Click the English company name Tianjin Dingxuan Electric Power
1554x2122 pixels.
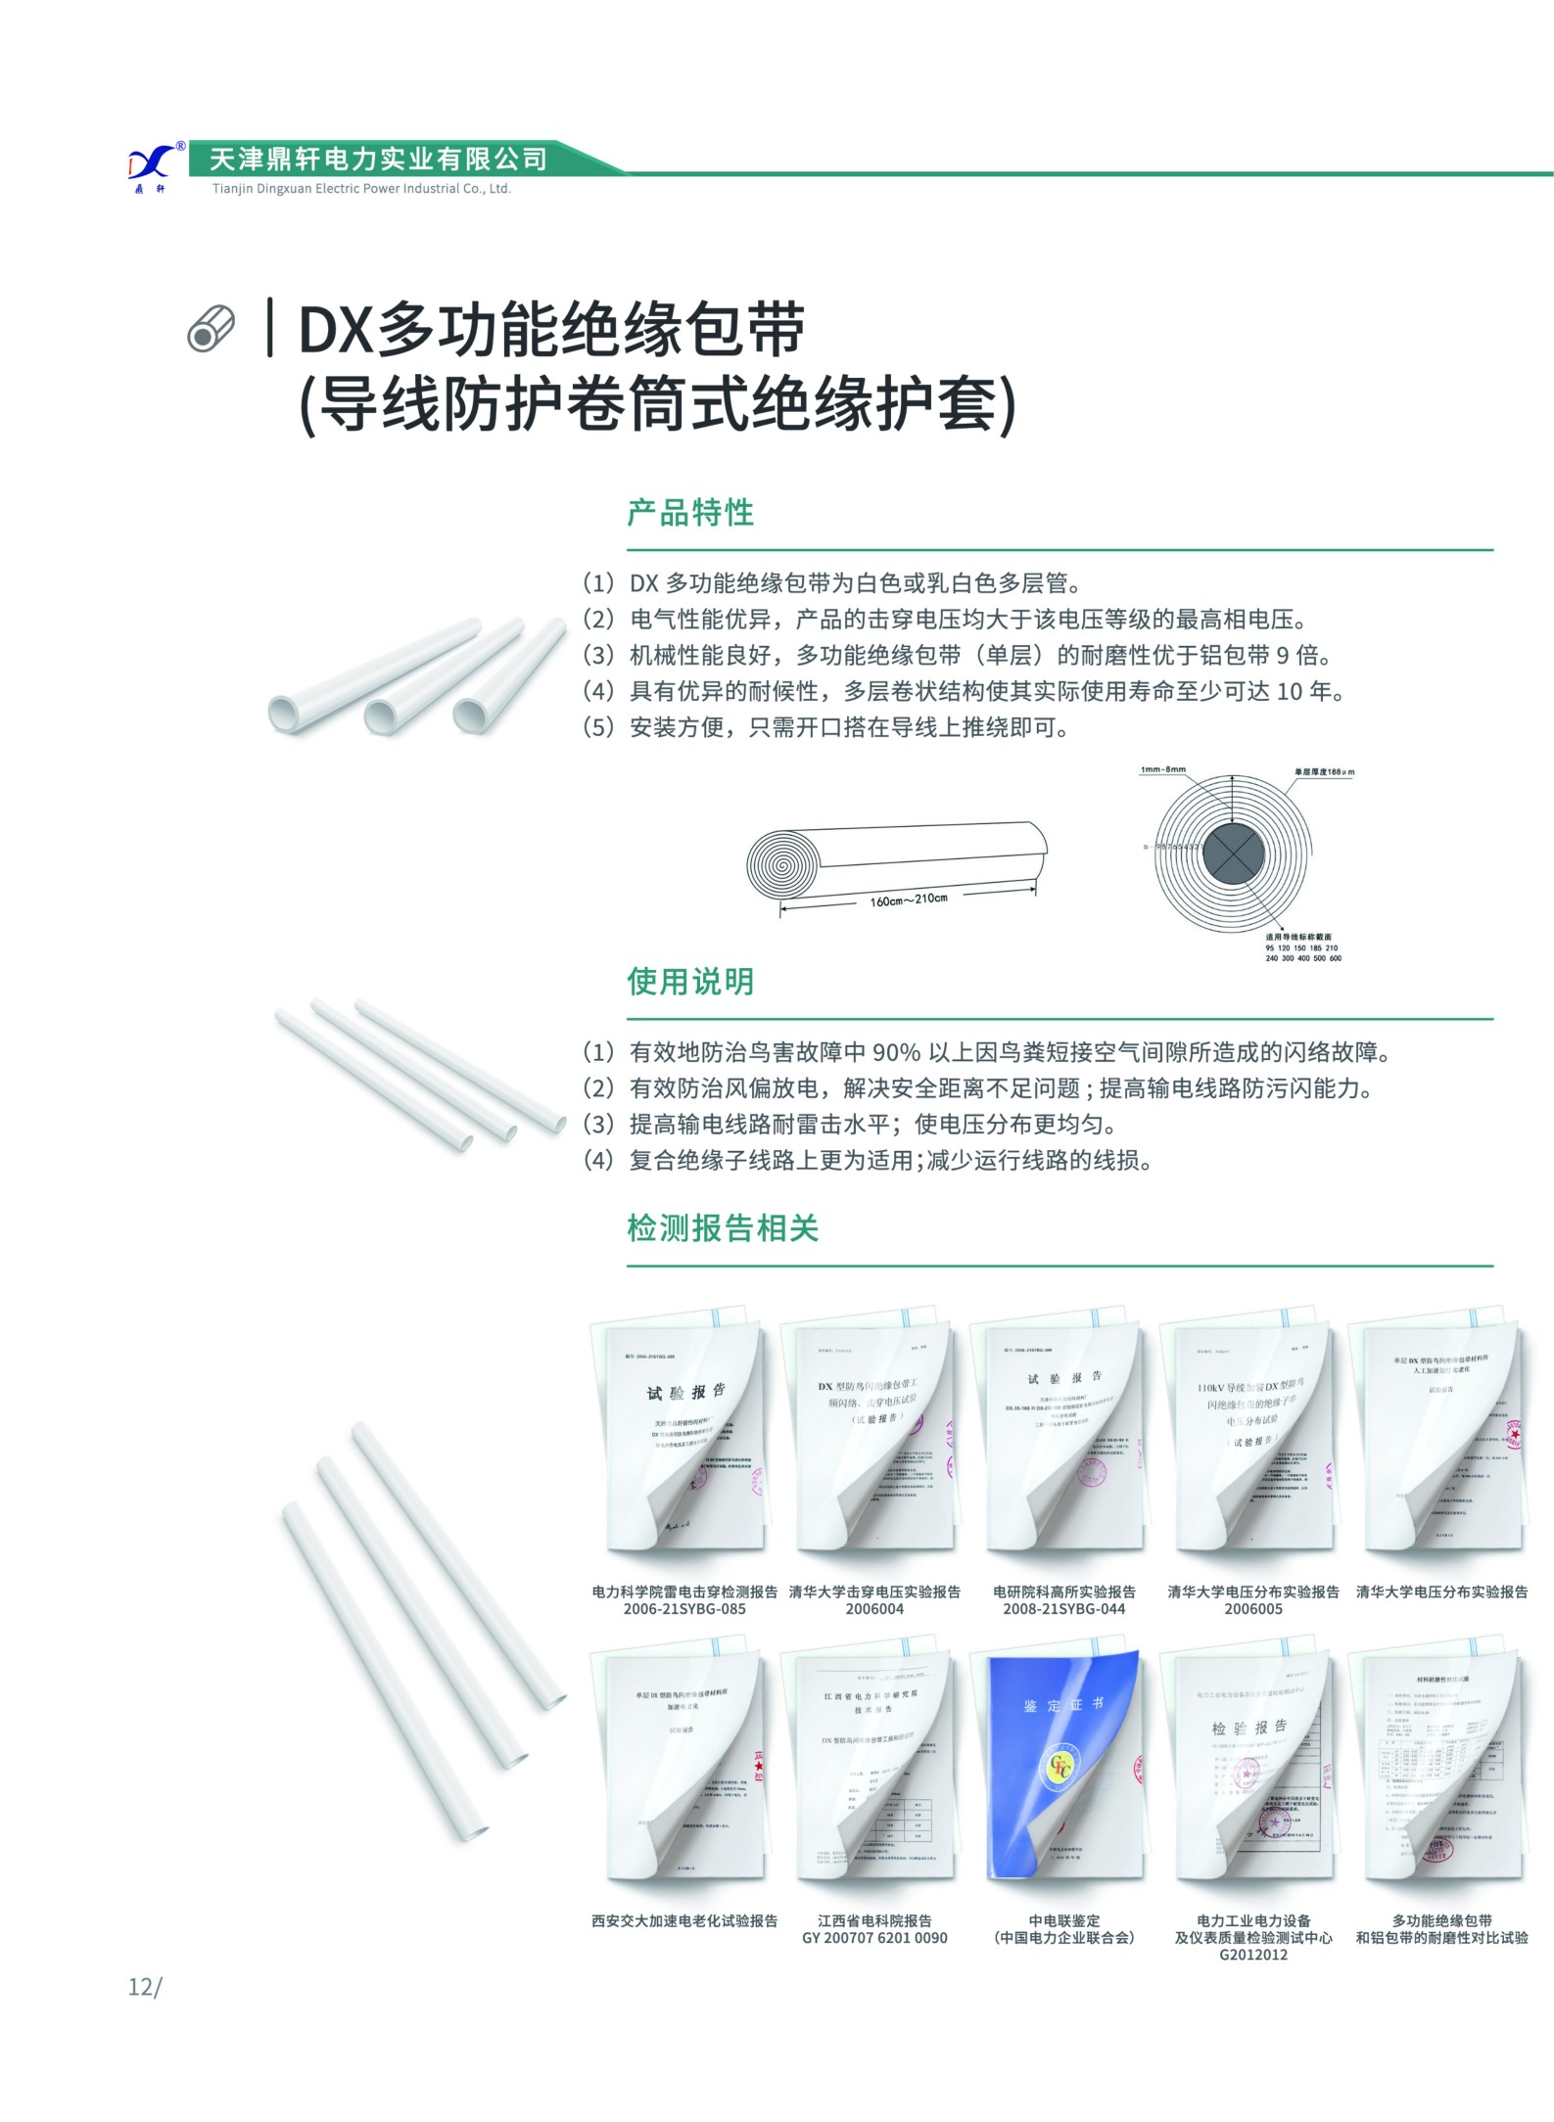click(x=361, y=189)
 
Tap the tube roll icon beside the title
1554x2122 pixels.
click(x=212, y=330)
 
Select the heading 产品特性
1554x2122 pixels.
click(x=690, y=512)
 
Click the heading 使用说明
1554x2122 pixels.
click(x=690, y=981)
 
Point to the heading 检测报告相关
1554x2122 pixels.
click(x=723, y=1227)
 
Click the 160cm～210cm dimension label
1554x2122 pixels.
click(x=908, y=899)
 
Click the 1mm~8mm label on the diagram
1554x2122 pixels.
click(x=1162, y=769)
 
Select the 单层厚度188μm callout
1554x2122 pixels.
click(x=1323, y=772)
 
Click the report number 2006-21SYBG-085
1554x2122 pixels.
click(x=683, y=1609)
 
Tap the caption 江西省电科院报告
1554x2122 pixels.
click(x=874, y=1920)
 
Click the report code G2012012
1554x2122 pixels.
click(x=1253, y=1955)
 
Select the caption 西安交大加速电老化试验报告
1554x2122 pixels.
click(x=683, y=1920)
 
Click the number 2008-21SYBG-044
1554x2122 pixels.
click(x=1063, y=1609)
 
